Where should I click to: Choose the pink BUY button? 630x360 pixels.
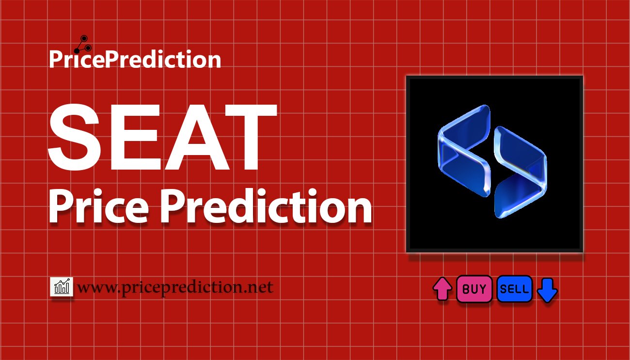pos(474,289)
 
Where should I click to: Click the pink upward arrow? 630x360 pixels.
pos(442,289)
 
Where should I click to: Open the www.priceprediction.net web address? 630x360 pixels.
pos(175,288)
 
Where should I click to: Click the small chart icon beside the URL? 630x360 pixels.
pos(62,287)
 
